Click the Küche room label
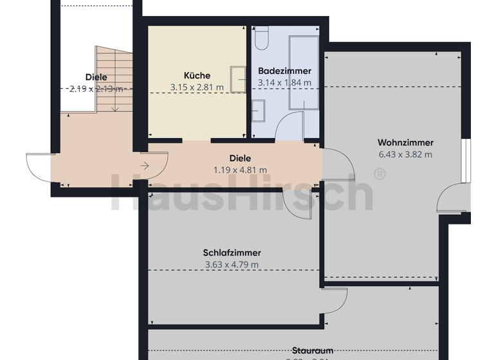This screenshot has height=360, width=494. point(197,75)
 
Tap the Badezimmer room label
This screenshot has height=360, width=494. point(284,71)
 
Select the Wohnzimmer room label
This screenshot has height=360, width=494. point(405,143)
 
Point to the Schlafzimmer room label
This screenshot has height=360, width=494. point(232,253)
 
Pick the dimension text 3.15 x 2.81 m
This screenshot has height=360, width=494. point(197,87)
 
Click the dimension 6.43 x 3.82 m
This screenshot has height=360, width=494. point(405,154)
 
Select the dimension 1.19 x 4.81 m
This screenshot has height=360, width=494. point(240,170)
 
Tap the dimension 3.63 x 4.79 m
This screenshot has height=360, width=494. point(232,264)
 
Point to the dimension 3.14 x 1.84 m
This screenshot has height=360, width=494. point(284,82)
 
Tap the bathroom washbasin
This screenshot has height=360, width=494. point(259,110)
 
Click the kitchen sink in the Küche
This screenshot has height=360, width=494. point(238,79)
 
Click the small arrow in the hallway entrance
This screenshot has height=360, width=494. point(145,166)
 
